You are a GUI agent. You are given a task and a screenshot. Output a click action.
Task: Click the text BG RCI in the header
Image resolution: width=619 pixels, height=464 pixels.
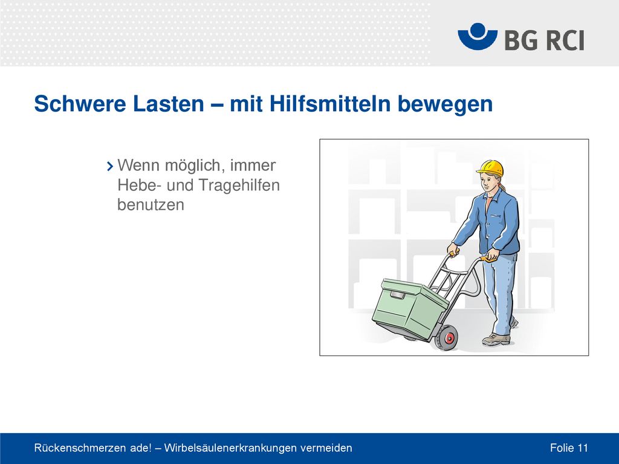544,40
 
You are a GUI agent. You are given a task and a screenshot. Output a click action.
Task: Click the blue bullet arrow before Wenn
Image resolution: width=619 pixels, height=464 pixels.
110,166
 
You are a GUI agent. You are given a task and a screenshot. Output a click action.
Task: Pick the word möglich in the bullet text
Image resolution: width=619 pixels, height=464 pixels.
195,166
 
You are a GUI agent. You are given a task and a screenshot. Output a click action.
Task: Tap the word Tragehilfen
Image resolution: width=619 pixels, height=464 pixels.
239,185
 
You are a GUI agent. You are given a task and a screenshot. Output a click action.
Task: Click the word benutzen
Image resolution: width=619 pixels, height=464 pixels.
151,205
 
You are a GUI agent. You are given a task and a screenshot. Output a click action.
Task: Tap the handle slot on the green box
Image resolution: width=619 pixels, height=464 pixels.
398,295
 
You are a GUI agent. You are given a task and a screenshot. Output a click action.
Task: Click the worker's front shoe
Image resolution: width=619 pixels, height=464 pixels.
496,340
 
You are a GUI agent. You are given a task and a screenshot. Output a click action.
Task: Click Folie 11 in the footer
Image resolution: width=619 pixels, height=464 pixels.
569,448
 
